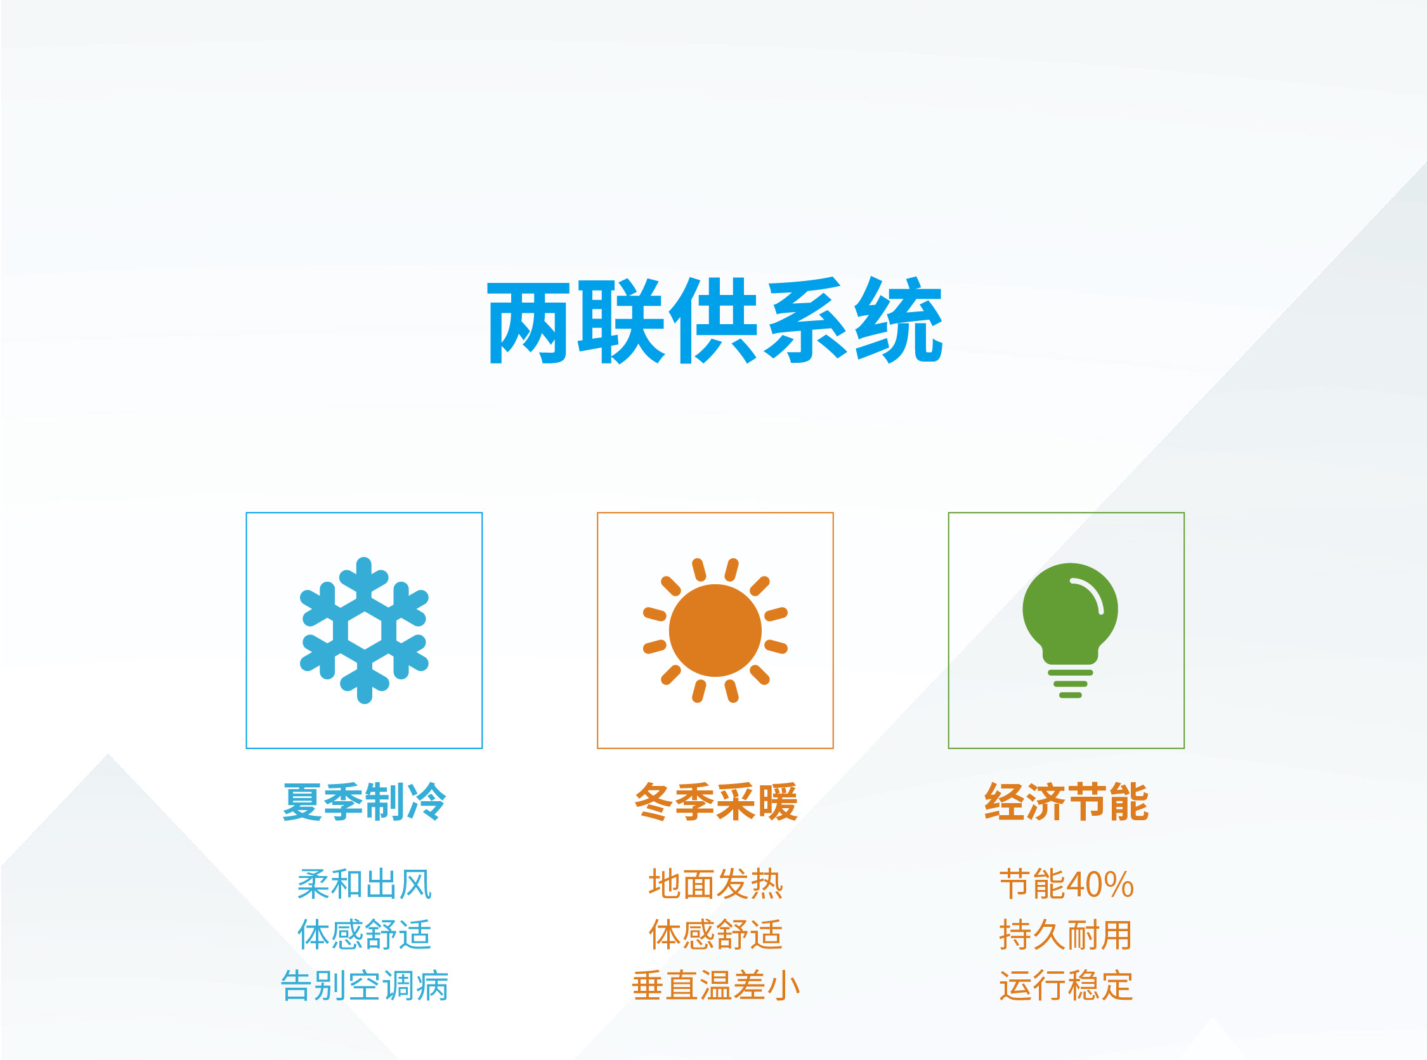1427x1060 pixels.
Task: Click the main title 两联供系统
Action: point(715,321)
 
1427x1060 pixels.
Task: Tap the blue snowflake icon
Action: point(363,630)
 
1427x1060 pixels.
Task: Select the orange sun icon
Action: point(715,630)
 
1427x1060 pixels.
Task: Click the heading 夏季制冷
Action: point(363,801)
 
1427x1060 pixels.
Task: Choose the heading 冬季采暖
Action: point(716,801)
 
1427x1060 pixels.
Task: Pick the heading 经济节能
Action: point(1067,801)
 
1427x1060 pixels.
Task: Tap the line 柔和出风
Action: point(364,884)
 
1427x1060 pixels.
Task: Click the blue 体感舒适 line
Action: point(364,934)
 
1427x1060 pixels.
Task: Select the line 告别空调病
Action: point(364,985)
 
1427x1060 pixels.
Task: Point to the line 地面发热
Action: point(716,884)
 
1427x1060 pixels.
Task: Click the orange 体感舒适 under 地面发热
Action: point(716,934)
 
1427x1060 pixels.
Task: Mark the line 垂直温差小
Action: point(716,985)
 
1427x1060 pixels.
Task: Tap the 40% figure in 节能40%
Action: point(1100,885)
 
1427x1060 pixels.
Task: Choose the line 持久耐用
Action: point(1066,934)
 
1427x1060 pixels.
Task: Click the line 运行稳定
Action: point(1066,985)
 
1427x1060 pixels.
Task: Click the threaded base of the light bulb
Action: point(1070,684)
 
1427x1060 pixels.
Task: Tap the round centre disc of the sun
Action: point(715,630)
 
